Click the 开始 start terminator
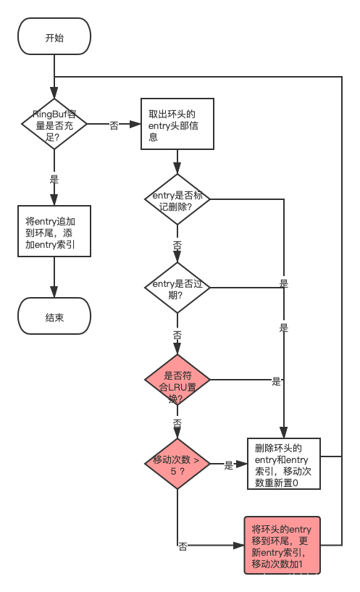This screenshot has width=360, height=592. pos(54,37)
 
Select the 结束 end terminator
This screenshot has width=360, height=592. pos(54,317)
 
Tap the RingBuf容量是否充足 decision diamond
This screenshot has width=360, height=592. pos(54,125)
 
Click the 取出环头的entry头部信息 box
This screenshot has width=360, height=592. pos(177,124)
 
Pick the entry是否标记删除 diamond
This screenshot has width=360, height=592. pos(177,199)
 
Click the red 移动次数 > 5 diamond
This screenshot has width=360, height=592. pos(177,464)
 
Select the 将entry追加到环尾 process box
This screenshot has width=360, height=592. pos(54,230)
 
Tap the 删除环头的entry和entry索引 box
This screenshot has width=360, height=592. pos(283,464)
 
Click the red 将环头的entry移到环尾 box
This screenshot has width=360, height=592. pos(282,545)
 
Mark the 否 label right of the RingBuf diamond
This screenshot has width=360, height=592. pos(114,125)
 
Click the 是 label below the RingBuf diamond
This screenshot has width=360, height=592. pos(54,178)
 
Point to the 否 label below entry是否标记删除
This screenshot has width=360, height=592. pos(177,244)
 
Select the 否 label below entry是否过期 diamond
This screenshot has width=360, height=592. pos(177,335)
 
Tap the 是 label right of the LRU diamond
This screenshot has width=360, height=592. pos(276,380)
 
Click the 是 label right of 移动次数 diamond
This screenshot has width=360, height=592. pos(229,464)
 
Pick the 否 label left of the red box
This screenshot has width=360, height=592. pos(183,546)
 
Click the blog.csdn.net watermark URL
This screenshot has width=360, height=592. pos(271,578)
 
